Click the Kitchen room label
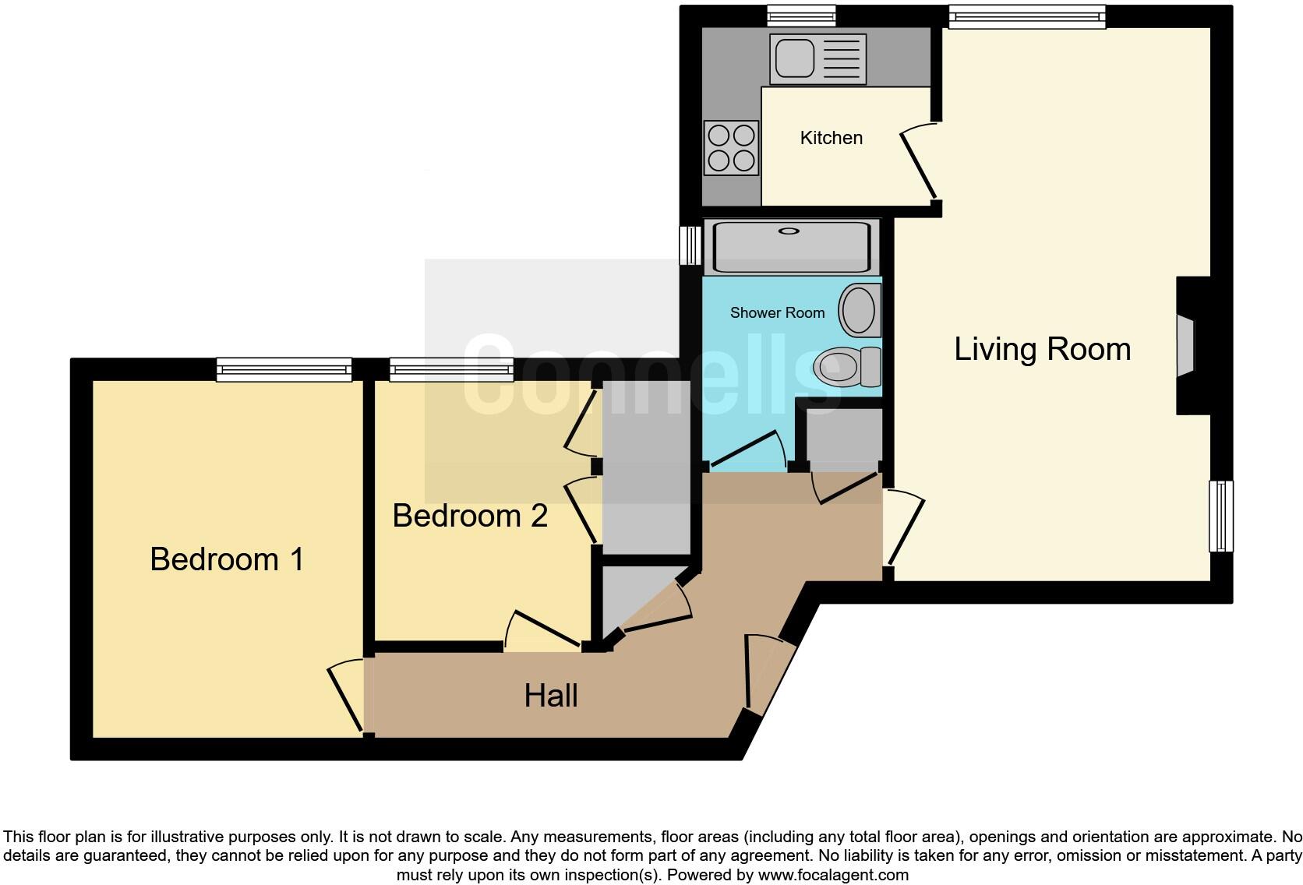click(x=831, y=138)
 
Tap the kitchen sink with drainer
click(x=817, y=58)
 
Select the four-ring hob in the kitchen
click(x=731, y=148)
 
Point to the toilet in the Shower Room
click(x=846, y=366)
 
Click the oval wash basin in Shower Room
click(x=859, y=310)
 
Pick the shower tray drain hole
click(x=789, y=231)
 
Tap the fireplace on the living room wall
click(x=1185, y=346)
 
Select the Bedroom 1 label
click(x=227, y=559)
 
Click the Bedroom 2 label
click(x=470, y=516)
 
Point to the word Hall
click(x=550, y=696)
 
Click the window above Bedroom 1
click(x=284, y=369)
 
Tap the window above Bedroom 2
click(x=451, y=369)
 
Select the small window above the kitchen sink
click(x=801, y=16)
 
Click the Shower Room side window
click(x=690, y=245)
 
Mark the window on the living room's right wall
click(x=1220, y=516)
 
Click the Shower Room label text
click(x=777, y=313)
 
